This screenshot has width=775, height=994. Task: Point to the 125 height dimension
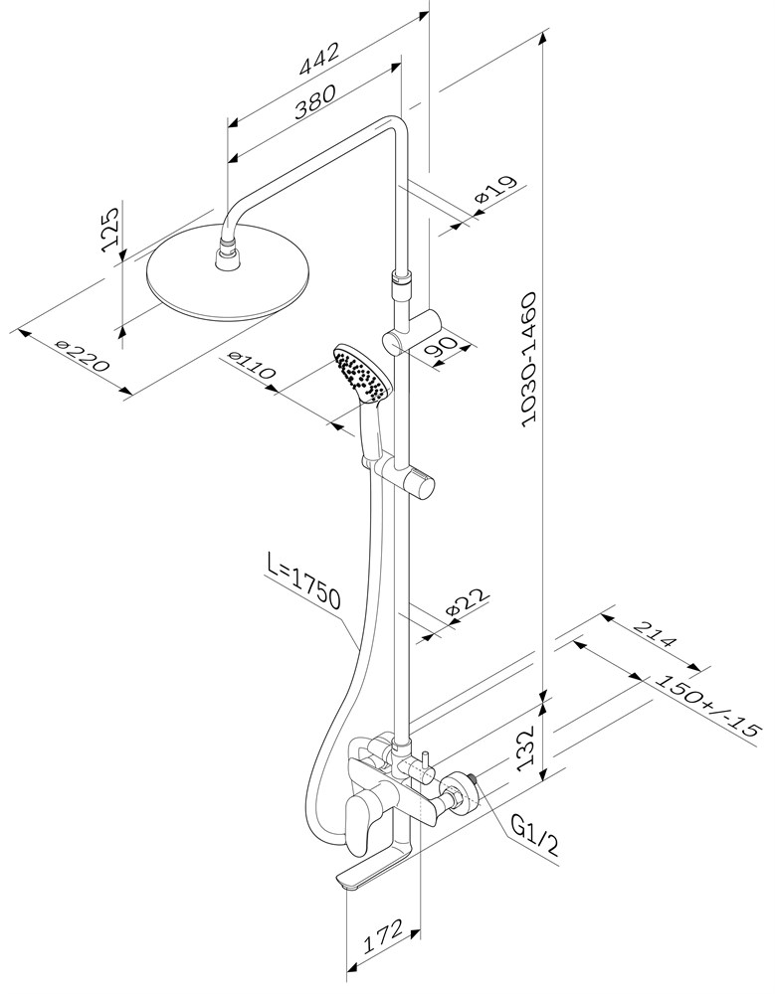(111, 228)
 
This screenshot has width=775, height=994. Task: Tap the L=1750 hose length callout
(304, 586)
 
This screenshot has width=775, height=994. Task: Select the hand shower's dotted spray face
(361, 374)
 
